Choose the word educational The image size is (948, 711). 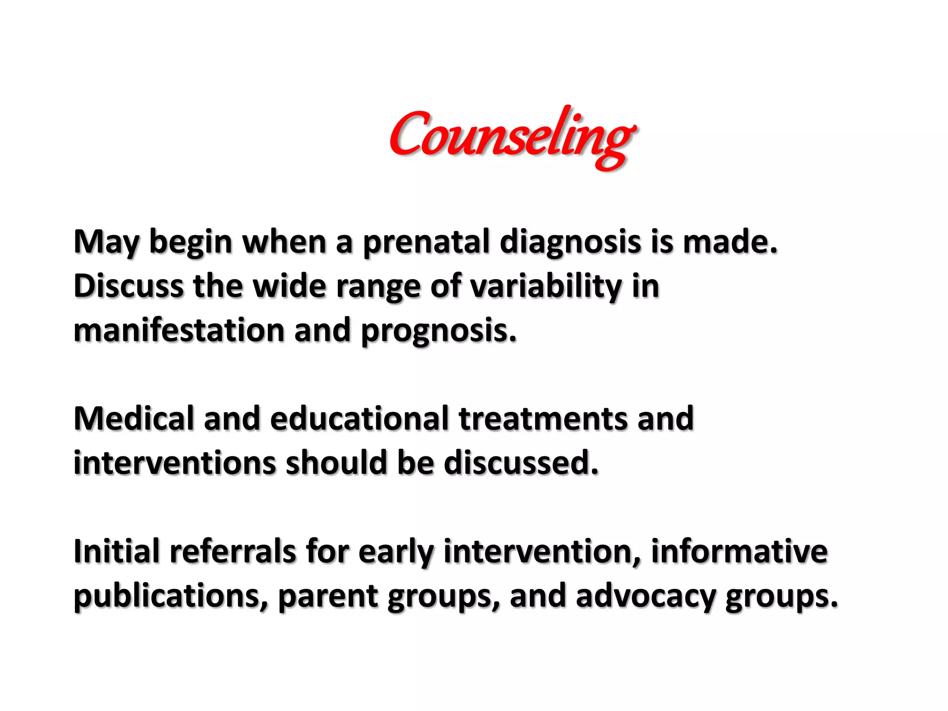(359, 418)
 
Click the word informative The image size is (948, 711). (739, 551)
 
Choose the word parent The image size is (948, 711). (328, 596)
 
